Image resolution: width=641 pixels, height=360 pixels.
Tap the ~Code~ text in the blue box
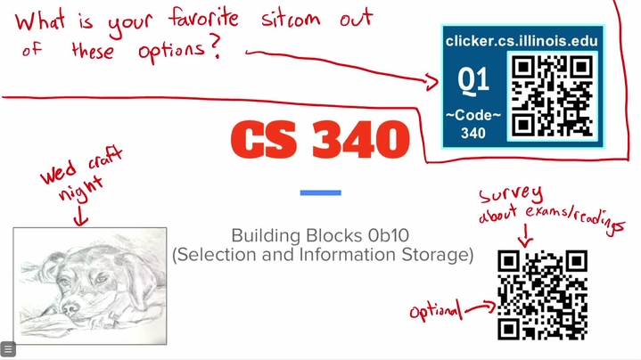pyautogui.click(x=473, y=117)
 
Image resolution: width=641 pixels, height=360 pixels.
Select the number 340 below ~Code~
pyautogui.click(x=473, y=134)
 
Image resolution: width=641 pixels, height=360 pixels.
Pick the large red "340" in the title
pyautogui.click(x=361, y=139)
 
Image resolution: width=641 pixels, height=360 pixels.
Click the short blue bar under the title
pyautogui.click(x=320, y=192)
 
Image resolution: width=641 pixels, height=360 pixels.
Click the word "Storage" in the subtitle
pyautogui.click(x=430, y=255)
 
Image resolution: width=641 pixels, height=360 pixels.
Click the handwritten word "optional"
pyautogui.click(x=437, y=311)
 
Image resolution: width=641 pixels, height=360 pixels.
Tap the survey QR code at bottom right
pyautogui.click(x=542, y=295)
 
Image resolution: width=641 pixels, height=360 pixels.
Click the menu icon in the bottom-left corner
pyautogui.click(x=8, y=349)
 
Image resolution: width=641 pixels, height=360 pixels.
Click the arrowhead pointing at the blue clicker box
pyautogui.click(x=435, y=83)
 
